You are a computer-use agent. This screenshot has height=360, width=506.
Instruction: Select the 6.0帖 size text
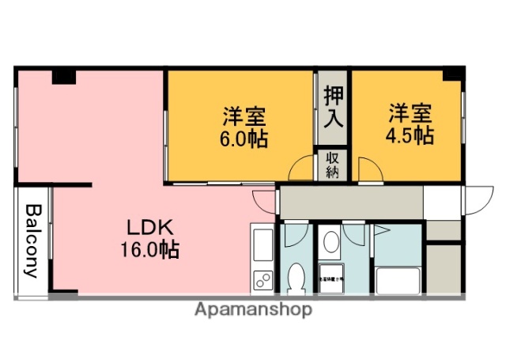pyautogui.click(x=244, y=139)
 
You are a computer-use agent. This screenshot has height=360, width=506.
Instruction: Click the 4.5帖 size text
pyautogui.click(x=409, y=135)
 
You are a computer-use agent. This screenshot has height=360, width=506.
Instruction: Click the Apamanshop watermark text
pyautogui.click(x=253, y=309)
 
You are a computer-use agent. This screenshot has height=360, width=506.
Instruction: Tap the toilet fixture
pyautogui.click(x=296, y=278)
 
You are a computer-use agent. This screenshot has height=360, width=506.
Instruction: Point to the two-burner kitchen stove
pyautogui.click(x=262, y=280)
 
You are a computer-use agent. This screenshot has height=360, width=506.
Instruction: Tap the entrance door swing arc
pyautogui.click(x=476, y=199)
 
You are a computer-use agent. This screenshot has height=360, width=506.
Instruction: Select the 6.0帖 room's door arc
pyautogui.click(x=300, y=169)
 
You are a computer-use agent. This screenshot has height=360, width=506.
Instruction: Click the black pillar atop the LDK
pyautogui.click(x=64, y=78)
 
